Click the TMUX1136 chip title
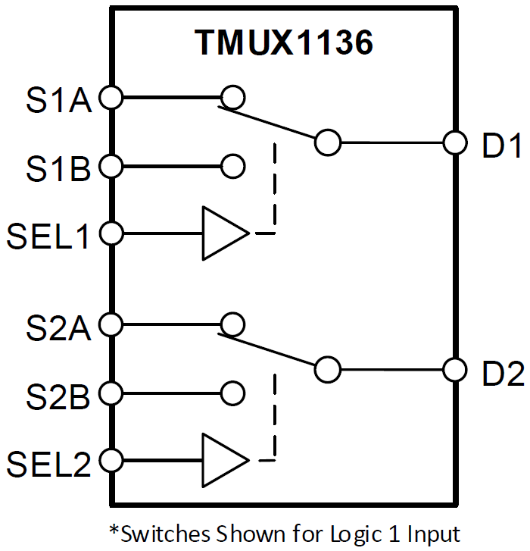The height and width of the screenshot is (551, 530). click(284, 44)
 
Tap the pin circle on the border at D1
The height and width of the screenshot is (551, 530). click(454, 142)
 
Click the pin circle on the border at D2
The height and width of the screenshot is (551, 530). click(454, 370)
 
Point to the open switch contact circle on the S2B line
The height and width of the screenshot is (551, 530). click(232, 393)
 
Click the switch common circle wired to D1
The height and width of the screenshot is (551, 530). click(328, 142)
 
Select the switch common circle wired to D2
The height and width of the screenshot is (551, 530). click(328, 370)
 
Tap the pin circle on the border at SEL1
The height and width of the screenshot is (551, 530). click(111, 233)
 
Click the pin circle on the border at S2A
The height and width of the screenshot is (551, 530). click(111, 324)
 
